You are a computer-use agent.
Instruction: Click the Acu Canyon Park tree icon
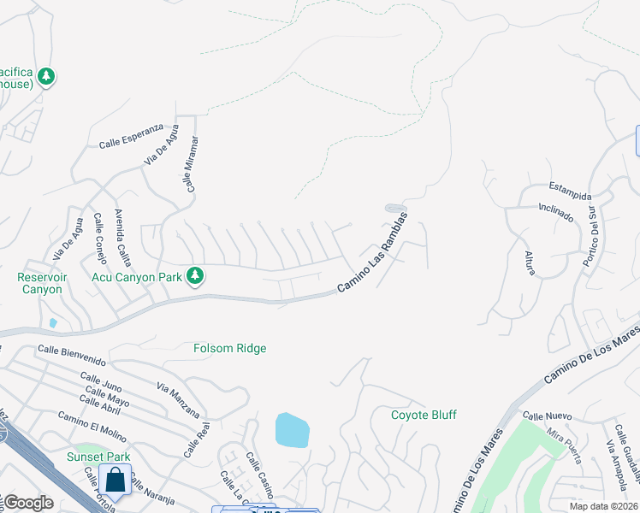[x=196, y=275]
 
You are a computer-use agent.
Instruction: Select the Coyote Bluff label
[x=424, y=416]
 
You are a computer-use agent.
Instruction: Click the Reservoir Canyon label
[x=40, y=283]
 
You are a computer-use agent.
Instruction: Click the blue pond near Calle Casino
[x=292, y=429]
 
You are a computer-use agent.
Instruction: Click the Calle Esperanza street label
[x=130, y=136]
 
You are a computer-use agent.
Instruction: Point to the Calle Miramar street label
[x=193, y=163]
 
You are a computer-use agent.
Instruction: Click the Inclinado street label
[x=555, y=211]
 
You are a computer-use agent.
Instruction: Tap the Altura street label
[x=530, y=263]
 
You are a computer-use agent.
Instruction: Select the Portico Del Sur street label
[x=590, y=236]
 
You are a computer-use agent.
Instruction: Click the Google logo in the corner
[x=28, y=503]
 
